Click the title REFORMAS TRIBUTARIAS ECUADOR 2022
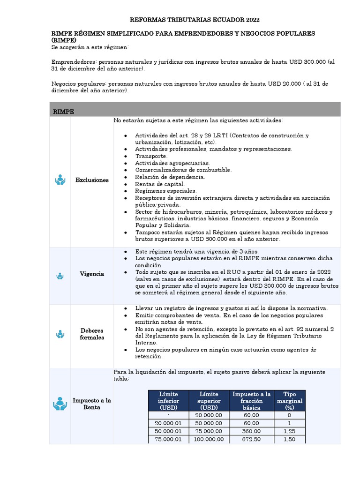point(194,20)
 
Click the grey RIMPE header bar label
point(64,112)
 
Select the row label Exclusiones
point(92,180)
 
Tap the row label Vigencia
point(92,274)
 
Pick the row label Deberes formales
point(92,334)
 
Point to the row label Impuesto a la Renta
point(92,404)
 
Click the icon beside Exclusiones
point(60,180)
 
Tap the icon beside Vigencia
point(60,277)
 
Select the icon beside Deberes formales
point(60,334)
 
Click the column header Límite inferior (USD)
point(169,401)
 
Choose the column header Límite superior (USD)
point(209,401)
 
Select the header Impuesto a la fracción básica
point(251,401)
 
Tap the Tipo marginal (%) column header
point(289,401)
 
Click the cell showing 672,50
point(251,439)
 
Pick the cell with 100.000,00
point(209,439)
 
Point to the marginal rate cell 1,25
point(289,431)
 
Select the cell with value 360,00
point(251,431)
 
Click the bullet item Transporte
point(151,156)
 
